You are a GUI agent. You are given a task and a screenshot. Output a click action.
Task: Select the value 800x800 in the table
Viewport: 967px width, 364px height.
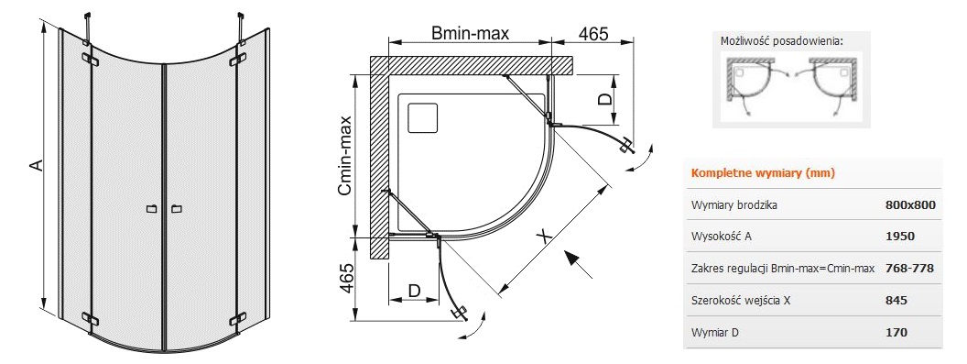pyautogui.click(x=910, y=205)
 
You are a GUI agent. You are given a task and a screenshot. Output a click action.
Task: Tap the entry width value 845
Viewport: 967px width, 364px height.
pyautogui.click(x=896, y=301)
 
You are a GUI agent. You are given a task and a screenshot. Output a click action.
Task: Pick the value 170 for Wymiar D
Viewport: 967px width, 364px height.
pyautogui.click(x=896, y=333)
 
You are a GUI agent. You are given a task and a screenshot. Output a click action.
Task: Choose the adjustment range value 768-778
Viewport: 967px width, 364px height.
pyautogui.click(x=909, y=269)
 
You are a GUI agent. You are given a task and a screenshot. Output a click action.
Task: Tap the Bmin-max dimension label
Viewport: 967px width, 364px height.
pyautogui.click(x=470, y=33)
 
